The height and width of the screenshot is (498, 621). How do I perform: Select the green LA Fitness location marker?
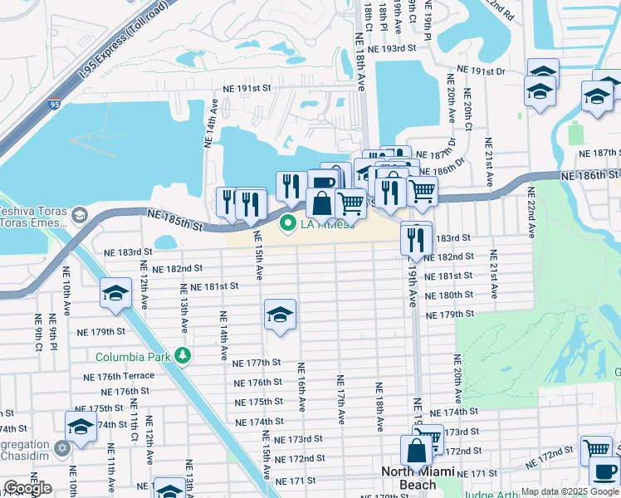click(289, 223)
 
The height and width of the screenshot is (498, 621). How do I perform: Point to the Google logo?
click(27, 488)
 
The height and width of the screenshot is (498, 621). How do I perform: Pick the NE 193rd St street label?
click(391, 49)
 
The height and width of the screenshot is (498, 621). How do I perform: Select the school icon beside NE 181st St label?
click(115, 293)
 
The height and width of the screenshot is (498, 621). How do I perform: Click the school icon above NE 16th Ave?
click(281, 315)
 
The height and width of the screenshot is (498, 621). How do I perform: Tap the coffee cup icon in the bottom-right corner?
click(604, 472)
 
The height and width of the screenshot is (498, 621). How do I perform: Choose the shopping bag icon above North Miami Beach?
click(417, 451)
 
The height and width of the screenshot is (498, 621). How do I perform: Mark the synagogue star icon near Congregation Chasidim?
click(61, 448)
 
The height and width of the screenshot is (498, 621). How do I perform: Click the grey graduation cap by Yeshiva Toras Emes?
click(79, 216)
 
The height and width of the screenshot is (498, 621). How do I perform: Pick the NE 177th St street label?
click(257, 364)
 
